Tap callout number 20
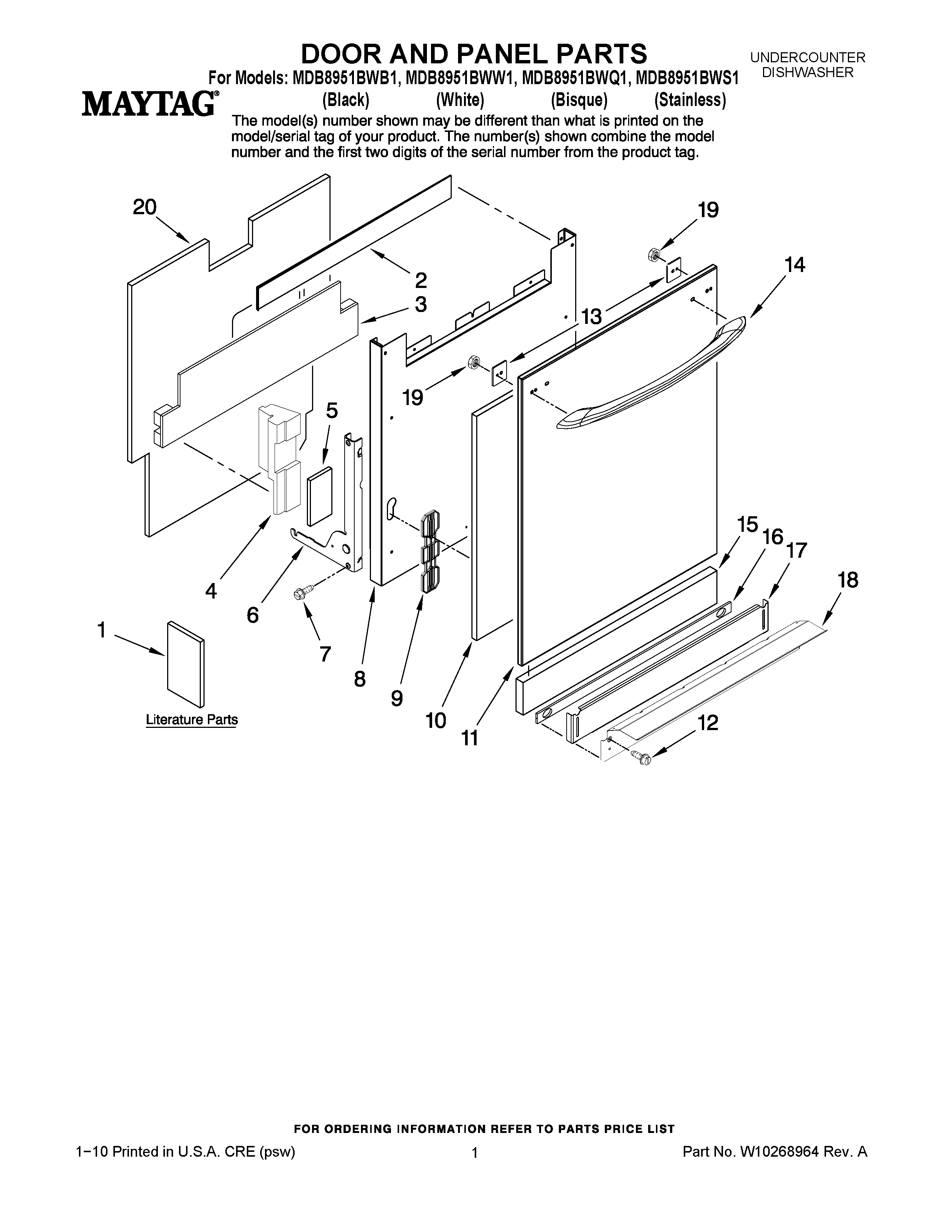(145, 208)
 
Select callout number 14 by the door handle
(795, 265)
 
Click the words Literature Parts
(192, 720)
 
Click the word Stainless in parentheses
(690, 100)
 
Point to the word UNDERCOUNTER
(807, 57)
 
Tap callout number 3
(421, 305)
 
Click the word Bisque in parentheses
(579, 100)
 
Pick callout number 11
(470, 738)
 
